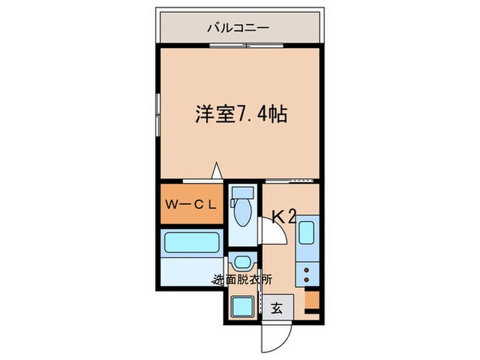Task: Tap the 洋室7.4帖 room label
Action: (240, 114)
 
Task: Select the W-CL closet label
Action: (192, 204)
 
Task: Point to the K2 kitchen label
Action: (283, 217)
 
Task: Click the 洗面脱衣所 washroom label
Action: (242, 280)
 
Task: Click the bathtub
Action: (191, 244)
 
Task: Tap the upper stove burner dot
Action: (307, 270)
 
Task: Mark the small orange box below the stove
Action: (312, 300)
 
